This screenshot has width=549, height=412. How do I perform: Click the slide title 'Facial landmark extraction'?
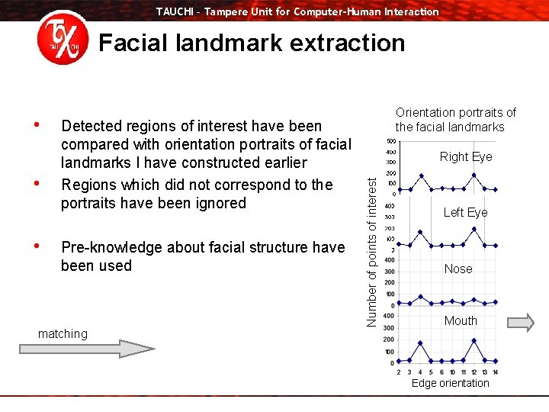pos(252,43)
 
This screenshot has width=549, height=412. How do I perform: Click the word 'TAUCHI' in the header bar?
pos(175,11)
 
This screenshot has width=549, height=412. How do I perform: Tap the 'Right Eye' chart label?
pos(466,156)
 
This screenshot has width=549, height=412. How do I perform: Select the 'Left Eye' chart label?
pos(465,212)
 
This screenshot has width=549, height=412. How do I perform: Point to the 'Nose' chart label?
pos(458,269)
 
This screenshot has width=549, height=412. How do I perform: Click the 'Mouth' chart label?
pos(461,320)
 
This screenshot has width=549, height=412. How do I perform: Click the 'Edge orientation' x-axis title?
pos(450,383)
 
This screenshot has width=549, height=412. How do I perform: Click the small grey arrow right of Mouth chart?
pos(521,323)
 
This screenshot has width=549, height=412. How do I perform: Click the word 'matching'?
pos(63,333)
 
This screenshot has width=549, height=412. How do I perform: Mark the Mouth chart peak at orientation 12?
pos(474,340)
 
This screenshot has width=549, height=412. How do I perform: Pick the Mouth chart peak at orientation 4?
pos(420,343)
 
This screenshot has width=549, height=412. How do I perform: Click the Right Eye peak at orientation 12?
pos(474,175)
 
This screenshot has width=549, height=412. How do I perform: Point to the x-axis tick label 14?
pos(495,372)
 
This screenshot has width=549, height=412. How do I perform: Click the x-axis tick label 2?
pos(399,372)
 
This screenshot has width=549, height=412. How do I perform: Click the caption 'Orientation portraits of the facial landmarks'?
pos(455,120)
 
